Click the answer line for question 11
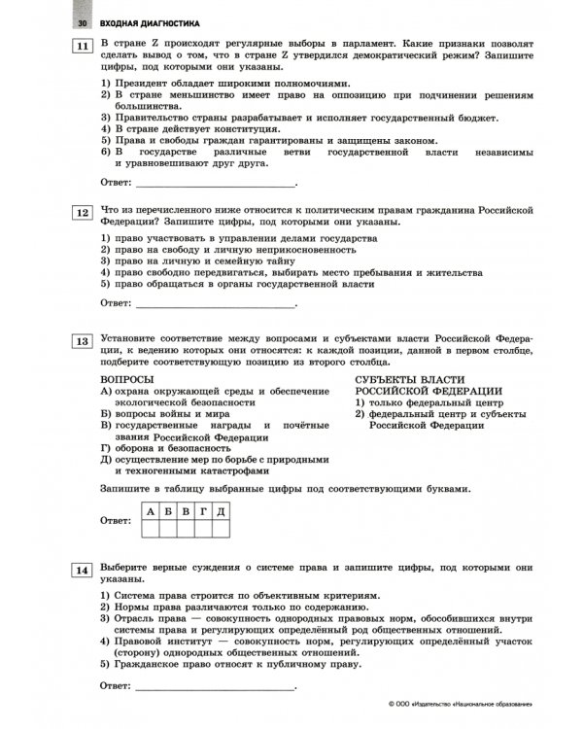(x=214, y=182)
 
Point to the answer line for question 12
(x=214, y=302)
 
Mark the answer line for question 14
(x=214, y=686)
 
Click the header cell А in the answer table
(x=151, y=510)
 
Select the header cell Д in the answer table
(x=221, y=510)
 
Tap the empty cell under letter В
(x=186, y=528)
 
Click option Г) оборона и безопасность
(x=166, y=448)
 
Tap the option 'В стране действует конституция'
(x=194, y=128)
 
